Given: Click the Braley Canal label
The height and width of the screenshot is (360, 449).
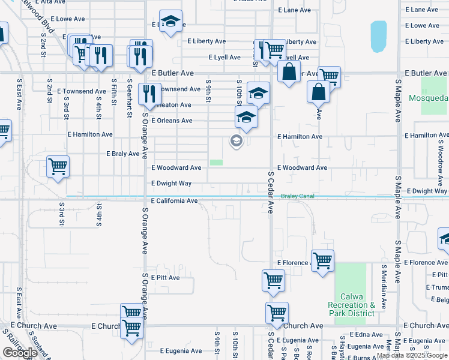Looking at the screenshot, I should coord(298,196).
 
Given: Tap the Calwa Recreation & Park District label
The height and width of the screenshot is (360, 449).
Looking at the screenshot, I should coord(351,305).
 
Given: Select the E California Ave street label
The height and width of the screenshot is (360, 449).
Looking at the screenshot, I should coord(174,201).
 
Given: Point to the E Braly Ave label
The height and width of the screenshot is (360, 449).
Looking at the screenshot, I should coord(122,154).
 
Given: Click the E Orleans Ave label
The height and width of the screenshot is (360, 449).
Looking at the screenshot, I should coord(172,121).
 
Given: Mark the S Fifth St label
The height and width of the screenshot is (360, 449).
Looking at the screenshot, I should coord(113,91).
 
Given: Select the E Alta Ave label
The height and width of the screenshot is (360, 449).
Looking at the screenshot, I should coord(50,2).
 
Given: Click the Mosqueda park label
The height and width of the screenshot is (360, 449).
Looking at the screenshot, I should coord(428,98).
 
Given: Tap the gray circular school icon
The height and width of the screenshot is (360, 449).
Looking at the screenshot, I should coord(236,142).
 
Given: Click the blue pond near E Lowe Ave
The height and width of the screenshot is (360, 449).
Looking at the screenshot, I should coord(379,36).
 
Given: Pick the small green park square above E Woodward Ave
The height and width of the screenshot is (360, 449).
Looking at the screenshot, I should coord(216,163).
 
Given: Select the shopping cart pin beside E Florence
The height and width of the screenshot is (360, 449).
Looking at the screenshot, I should coord(322,260).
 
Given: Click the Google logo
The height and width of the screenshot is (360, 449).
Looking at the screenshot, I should coord(20,353).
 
